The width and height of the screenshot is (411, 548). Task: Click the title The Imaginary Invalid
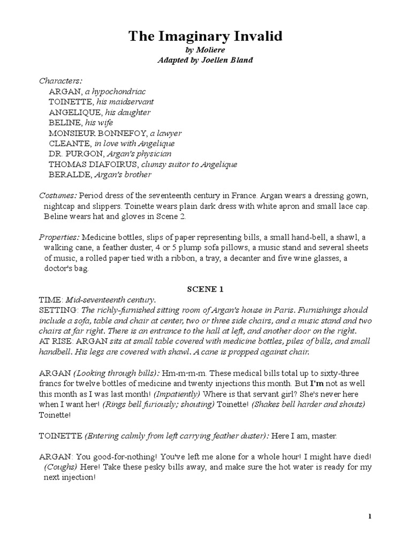pyautogui.click(x=205, y=36)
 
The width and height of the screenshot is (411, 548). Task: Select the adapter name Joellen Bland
pyautogui.click(x=225, y=60)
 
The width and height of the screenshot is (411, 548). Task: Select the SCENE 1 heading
pyautogui.click(x=205, y=290)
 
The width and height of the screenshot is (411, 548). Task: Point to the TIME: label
pyautogui.click(x=51, y=300)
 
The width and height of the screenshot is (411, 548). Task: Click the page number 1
pyautogui.click(x=369, y=516)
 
